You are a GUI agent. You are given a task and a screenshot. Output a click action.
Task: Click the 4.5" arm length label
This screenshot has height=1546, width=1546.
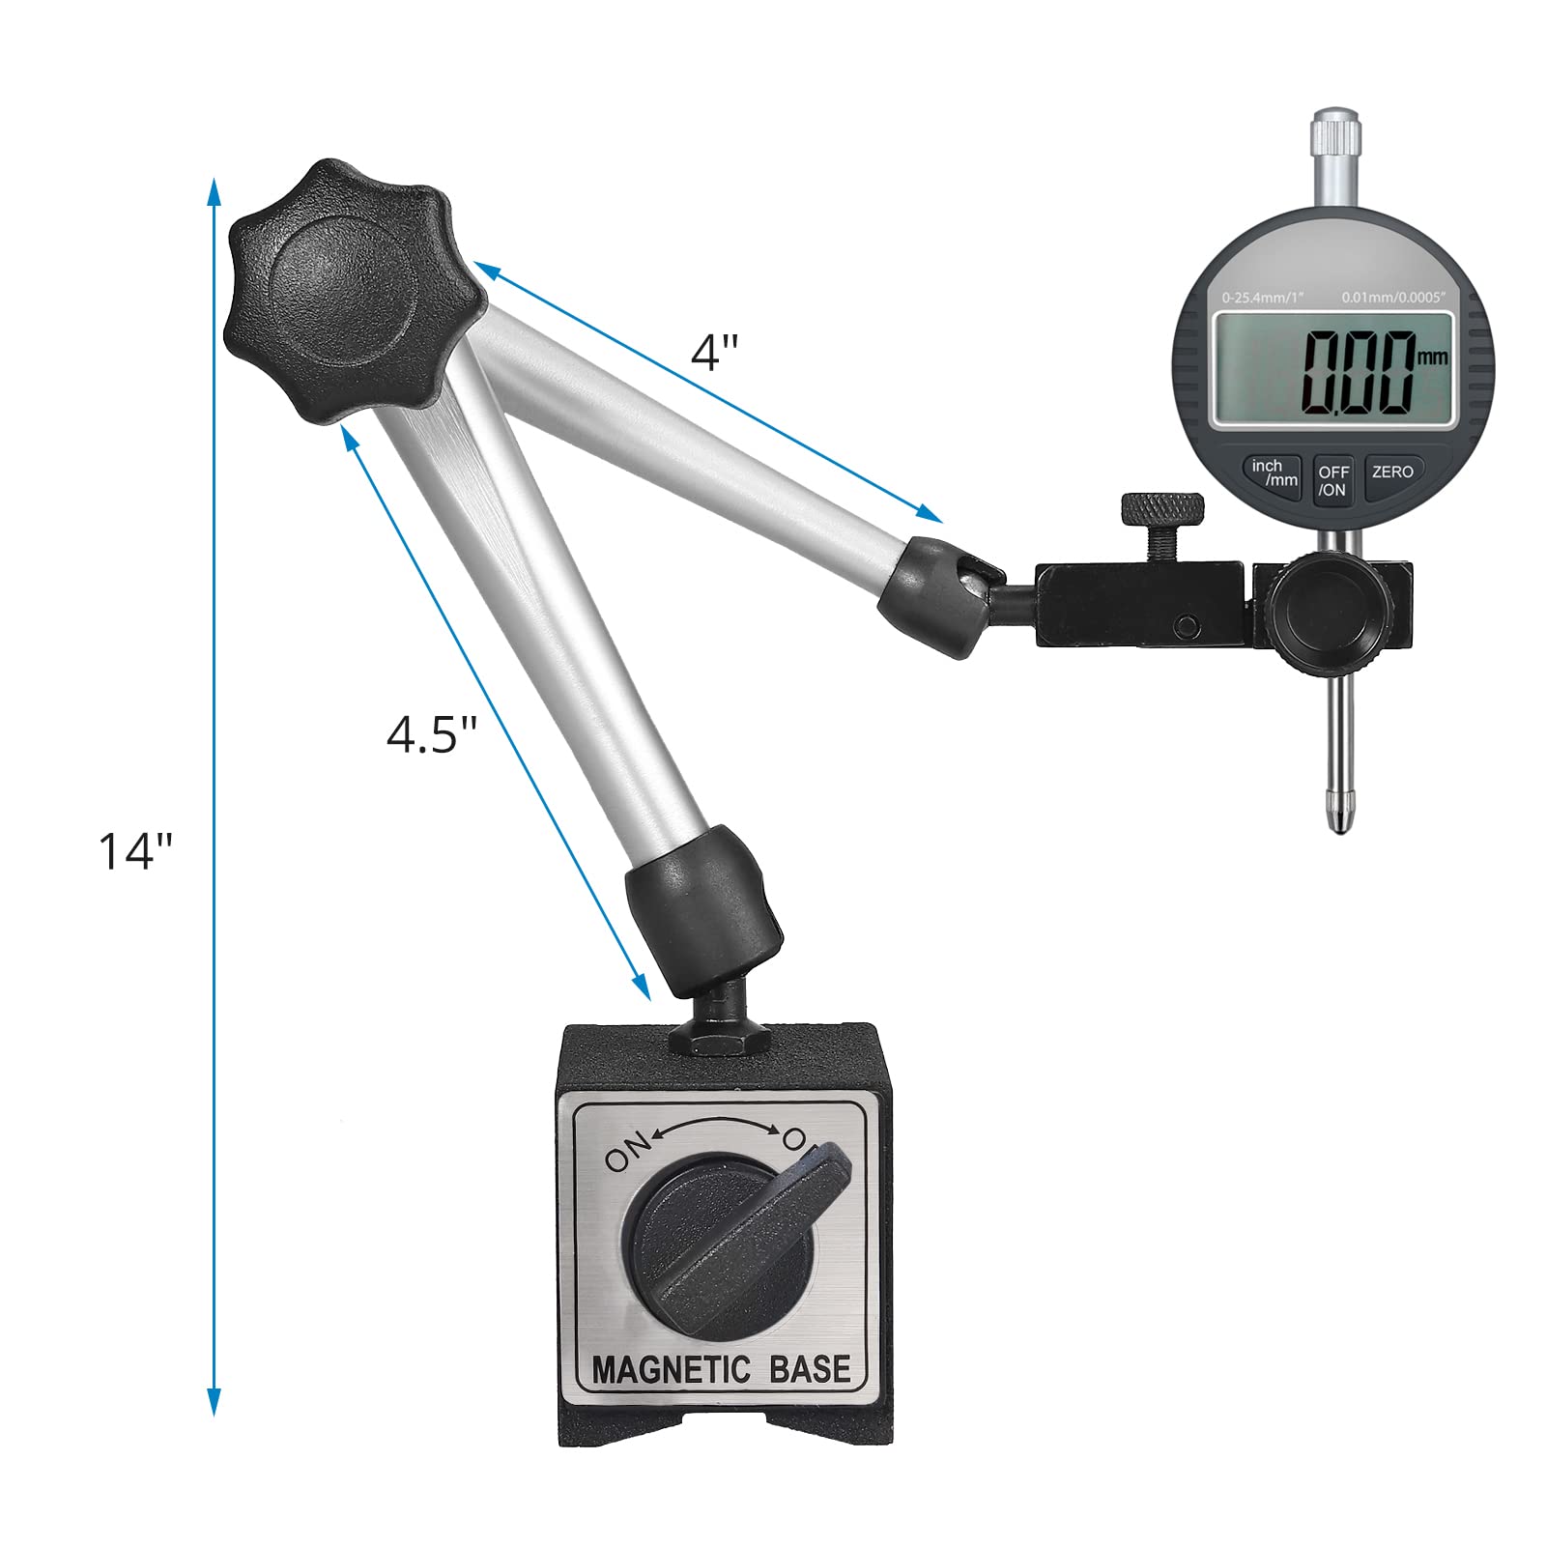432,735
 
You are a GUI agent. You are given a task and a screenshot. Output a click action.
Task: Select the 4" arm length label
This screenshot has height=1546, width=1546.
714,352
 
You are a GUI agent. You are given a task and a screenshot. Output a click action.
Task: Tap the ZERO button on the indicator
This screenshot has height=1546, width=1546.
1392,472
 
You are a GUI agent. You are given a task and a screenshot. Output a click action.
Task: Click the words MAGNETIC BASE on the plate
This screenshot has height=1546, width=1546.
721,1369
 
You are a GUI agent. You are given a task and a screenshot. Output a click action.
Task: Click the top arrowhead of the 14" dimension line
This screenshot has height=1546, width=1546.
215,188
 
